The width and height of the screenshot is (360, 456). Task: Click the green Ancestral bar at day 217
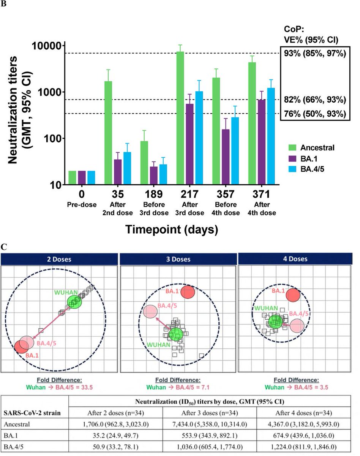click(x=180, y=118)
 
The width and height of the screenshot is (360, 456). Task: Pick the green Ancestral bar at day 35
click(x=108, y=133)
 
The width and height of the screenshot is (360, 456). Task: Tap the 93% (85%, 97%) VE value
click(x=314, y=54)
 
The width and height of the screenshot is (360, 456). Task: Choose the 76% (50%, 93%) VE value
click(x=314, y=114)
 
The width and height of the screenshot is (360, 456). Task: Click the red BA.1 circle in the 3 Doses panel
click(x=188, y=292)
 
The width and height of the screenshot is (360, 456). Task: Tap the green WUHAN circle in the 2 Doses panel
click(x=74, y=302)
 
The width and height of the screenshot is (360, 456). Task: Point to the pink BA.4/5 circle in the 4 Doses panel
click(x=297, y=326)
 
